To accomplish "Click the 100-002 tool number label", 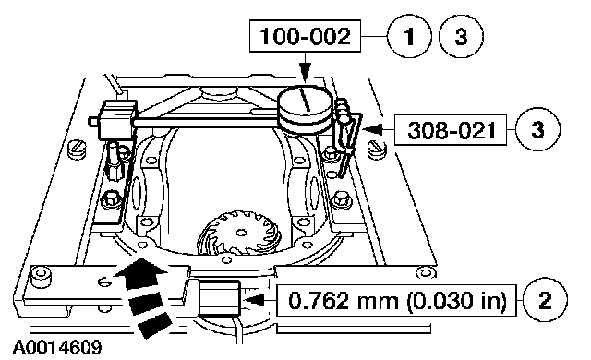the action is (x=305, y=36).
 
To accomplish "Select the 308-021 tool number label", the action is (x=451, y=130).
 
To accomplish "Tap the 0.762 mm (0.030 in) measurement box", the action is (x=396, y=301).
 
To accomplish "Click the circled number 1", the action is (x=409, y=36).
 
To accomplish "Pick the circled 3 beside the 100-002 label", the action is (x=461, y=36).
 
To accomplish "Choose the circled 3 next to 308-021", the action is (x=537, y=129).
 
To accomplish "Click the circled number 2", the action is (x=545, y=300).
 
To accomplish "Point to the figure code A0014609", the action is (x=57, y=347).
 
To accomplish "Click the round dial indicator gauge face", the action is (x=306, y=101).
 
